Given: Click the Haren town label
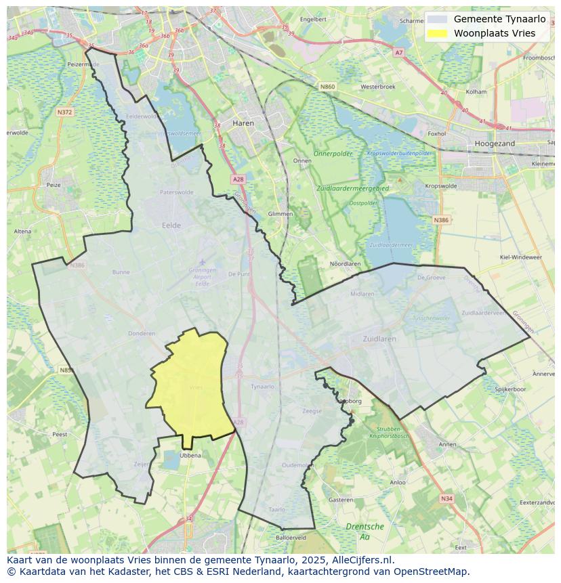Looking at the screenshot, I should pyautogui.click(x=243, y=123).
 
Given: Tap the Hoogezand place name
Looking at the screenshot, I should pyautogui.click(x=495, y=144).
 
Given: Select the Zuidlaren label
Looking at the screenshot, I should pyautogui.click(x=379, y=339).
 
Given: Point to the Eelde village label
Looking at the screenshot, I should pyautogui.click(x=171, y=225).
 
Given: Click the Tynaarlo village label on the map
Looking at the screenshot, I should pyautogui.click(x=262, y=387).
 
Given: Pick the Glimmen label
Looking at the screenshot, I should pyautogui.click(x=280, y=214).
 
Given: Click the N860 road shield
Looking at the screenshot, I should pyautogui.click(x=328, y=87).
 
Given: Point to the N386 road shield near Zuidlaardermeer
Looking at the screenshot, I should pyautogui.click(x=441, y=220).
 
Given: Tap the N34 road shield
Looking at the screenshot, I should pyautogui.click(x=446, y=498).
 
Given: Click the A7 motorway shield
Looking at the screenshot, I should pyautogui.click(x=398, y=52).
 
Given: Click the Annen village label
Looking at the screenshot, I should pyautogui.click(x=448, y=444).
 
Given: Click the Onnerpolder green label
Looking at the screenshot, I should pyautogui.click(x=335, y=154).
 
